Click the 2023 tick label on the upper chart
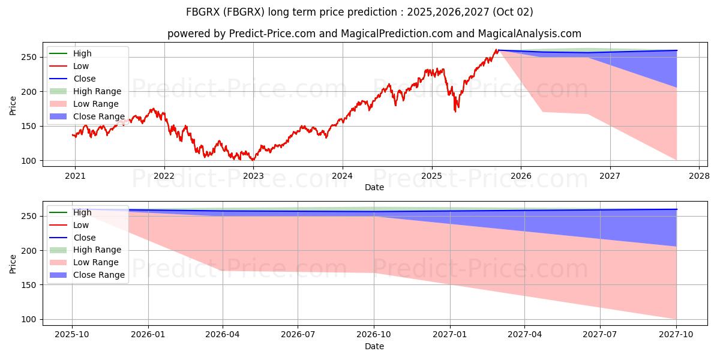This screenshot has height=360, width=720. click(253, 176)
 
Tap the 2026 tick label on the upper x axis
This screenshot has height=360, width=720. click(521, 176)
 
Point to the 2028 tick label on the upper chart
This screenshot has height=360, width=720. click(699, 176)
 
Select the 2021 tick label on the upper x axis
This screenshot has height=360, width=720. click(75, 176)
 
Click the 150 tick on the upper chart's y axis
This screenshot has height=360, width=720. click(31, 126)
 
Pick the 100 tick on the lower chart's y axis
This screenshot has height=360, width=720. click(31, 319)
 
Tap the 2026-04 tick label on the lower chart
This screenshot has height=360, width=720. click(223, 335)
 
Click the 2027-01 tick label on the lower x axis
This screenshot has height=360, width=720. click(450, 335)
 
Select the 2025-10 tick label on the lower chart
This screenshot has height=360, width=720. click(72, 335)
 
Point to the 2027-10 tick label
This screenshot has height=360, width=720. click(676, 335)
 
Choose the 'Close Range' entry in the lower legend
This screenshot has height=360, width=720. click(98, 275)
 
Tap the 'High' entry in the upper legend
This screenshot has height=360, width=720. click(82, 53)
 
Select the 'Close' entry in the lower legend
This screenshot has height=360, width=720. click(84, 238)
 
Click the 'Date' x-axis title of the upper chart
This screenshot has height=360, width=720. click(374, 187)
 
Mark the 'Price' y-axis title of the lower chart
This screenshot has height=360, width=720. click(13, 263)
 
